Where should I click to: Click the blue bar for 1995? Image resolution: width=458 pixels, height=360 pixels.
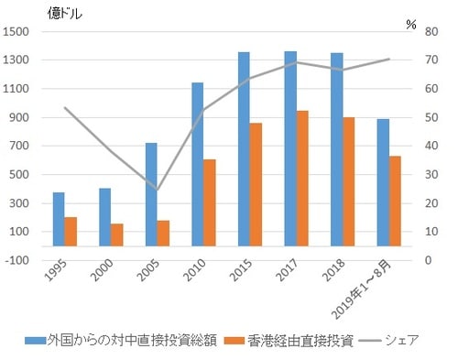click(x=59, y=220)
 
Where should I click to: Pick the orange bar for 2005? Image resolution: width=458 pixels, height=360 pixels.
click(x=163, y=233)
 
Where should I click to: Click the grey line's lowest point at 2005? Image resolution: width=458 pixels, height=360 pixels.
click(x=157, y=191)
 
